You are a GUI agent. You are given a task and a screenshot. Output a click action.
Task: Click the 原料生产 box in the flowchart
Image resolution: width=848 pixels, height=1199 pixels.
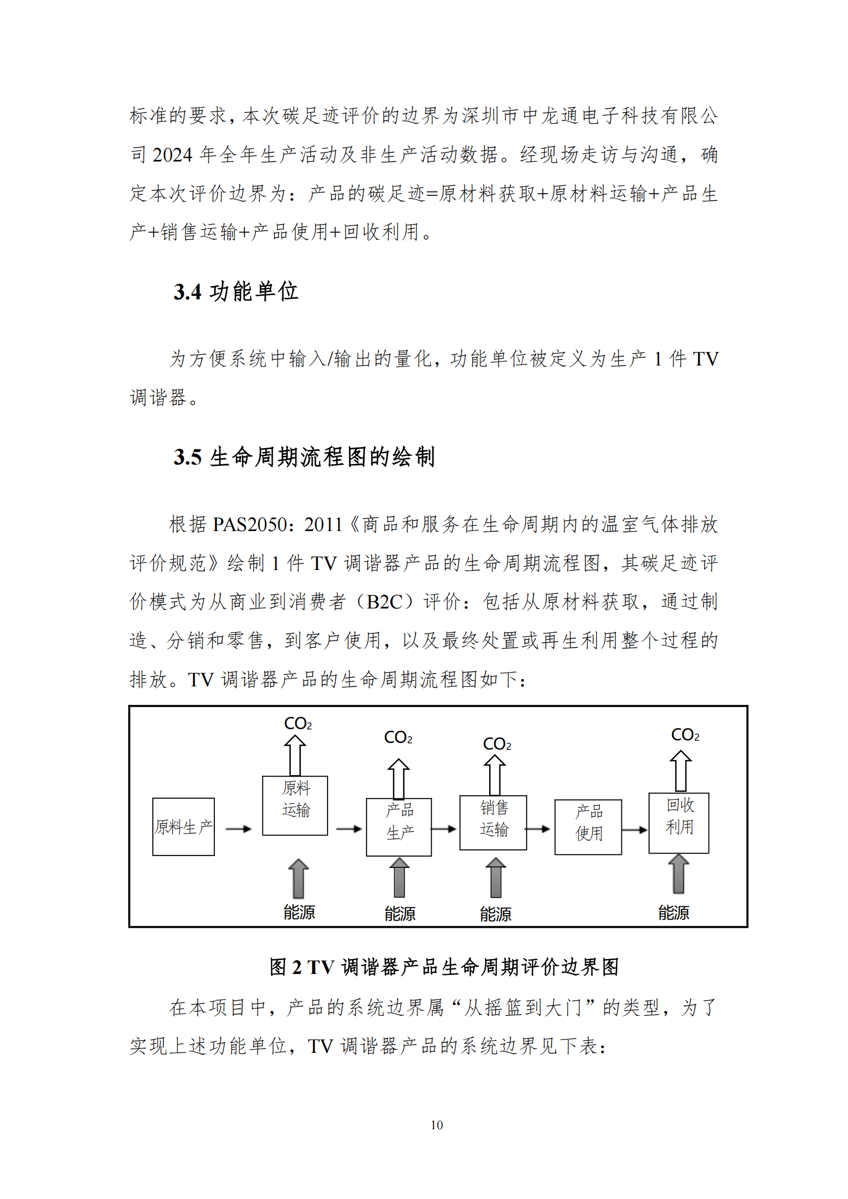tap(183, 827)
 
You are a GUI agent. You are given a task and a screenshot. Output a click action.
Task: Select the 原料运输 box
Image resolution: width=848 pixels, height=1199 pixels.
tap(295, 806)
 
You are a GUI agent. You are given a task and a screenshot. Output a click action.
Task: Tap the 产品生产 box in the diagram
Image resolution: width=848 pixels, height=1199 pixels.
tap(399, 827)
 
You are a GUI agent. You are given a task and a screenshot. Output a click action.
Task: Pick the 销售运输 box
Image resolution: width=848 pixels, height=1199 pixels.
tap(493, 823)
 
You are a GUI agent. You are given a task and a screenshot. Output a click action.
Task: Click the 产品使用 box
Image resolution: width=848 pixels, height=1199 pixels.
tap(588, 827)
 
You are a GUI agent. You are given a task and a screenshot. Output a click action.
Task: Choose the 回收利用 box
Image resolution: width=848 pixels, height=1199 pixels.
tap(679, 823)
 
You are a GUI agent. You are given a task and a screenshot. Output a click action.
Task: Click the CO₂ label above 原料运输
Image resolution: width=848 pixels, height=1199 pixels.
tap(298, 724)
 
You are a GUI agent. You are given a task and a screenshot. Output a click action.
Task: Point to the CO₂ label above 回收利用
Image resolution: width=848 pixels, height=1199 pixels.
tap(684, 735)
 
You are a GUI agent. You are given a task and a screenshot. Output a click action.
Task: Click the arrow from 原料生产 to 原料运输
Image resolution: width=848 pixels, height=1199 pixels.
tap(238, 829)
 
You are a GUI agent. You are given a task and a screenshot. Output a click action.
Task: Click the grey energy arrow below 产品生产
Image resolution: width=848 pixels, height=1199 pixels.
tap(399, 877)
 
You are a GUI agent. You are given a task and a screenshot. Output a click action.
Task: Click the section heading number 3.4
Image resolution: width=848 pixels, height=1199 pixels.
tap(188, 292)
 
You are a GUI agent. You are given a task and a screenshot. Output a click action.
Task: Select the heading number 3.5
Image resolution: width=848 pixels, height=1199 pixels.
tap(188, 457)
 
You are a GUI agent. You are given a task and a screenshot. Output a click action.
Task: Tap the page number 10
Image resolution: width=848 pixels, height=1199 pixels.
tap(436, 1125)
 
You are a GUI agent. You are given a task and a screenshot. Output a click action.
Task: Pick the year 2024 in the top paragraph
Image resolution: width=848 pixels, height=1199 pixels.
tap(172, 155)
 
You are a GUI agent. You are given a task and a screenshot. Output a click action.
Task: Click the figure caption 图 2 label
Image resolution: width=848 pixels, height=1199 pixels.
tap(286, 967)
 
